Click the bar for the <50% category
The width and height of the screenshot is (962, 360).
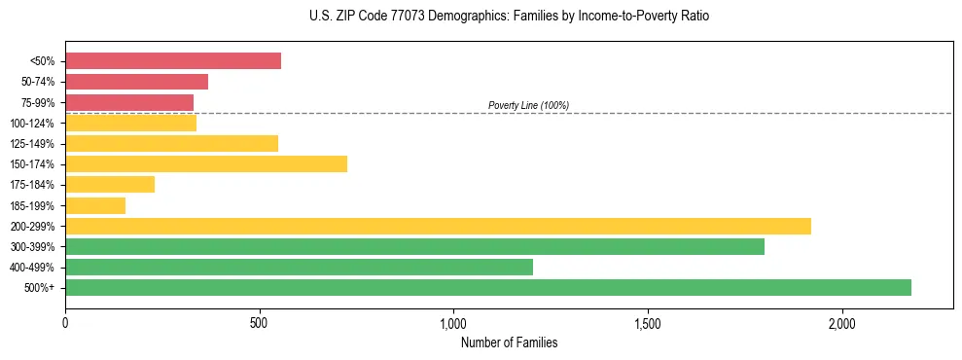pos(173,61)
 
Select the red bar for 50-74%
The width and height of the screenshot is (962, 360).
pos(136,82)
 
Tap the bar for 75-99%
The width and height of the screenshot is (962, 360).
pos(129,102)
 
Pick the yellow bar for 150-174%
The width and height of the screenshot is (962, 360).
pos(206,163)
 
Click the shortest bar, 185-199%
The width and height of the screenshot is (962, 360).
pos(95,205)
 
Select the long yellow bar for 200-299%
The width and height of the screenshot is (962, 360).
pos(438,226)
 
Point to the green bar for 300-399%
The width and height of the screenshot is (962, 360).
pos(414,246)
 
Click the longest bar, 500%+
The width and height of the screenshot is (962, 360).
pos(488,287)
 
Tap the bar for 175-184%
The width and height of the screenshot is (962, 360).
pos(110,185)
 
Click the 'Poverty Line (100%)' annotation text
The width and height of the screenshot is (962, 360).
pos(528,105)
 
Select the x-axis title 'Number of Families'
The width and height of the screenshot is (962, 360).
pos(509,342)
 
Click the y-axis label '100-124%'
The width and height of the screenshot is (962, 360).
pos(32,124)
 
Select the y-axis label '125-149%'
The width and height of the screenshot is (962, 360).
pos(32,144)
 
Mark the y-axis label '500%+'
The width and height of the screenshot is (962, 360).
pos(39,288)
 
